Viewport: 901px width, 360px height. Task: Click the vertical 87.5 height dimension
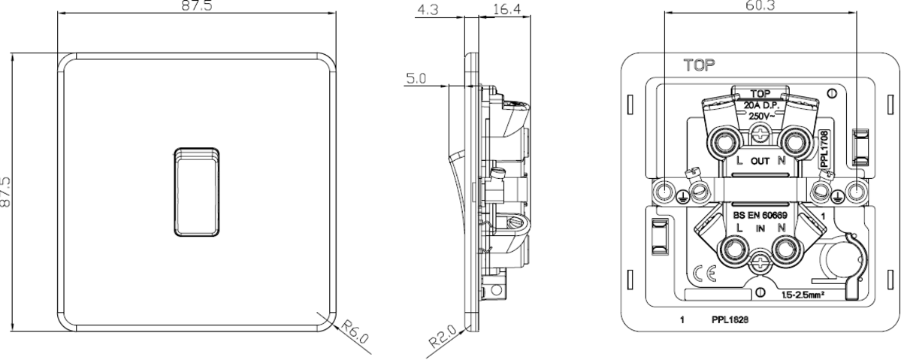pos(7,193)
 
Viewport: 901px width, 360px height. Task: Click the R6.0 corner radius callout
pos(352,331)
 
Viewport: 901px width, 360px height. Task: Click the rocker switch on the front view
pos(198,193)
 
